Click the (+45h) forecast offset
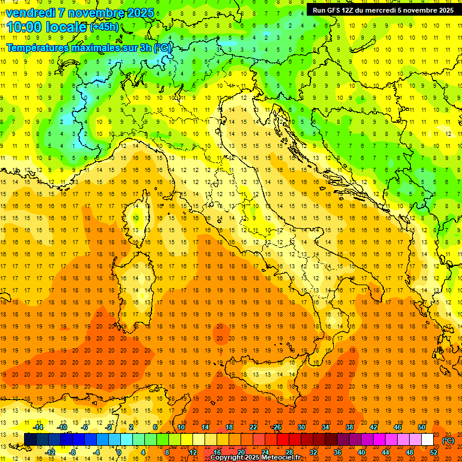pos(103,28)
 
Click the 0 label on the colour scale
pos(119,452)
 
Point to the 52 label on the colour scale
pos(434,452)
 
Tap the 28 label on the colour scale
pos(289,452)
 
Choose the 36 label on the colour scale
pos(337,452)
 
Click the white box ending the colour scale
pos(427,440)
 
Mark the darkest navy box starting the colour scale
pos(30,440)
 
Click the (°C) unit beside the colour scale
pos(448,440)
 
